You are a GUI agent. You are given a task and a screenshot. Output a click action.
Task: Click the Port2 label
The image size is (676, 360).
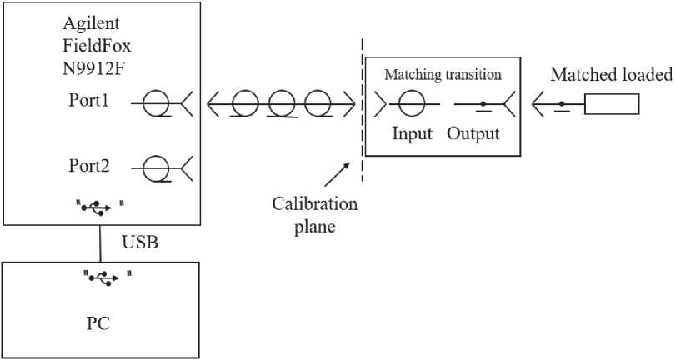89,166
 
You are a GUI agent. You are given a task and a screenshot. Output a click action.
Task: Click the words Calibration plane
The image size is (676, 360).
318,215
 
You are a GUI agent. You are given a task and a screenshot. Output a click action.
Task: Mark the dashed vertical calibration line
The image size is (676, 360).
362,108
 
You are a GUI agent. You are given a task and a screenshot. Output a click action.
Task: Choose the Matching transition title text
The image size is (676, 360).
443,75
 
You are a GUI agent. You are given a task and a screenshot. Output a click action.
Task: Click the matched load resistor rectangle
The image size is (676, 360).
612,104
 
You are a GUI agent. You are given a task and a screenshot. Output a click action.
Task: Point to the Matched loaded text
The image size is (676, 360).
610,76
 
